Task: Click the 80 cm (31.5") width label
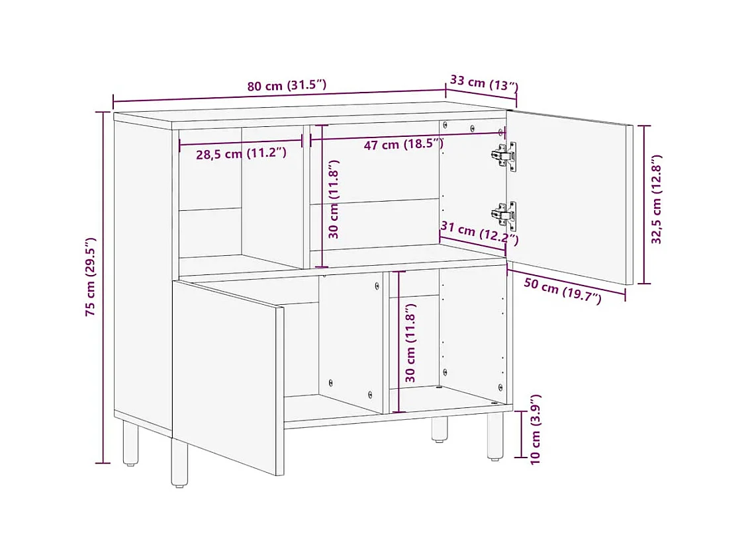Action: point(287,86)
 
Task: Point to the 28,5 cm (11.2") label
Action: point(241,154)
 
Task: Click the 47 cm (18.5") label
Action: point(403,144)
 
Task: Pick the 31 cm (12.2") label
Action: point(479,233)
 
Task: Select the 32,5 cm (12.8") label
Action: point(657,200)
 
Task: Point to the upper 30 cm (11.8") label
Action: point(334,199)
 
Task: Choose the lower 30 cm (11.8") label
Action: point(410,342)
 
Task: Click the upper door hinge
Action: point(504,154)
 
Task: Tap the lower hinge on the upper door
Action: point(504,214)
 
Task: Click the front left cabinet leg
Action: point(179,463)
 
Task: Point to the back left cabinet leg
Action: point(131,444)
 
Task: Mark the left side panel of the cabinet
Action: point(142,264)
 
